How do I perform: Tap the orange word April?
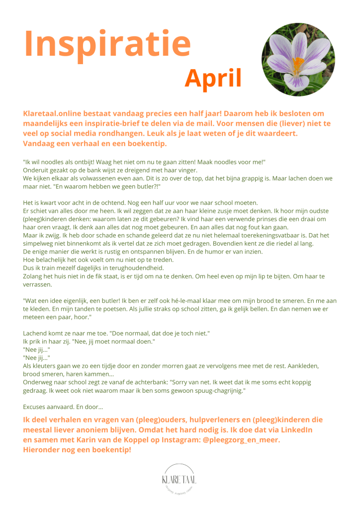coord(213,79)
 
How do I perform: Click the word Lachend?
coord(36,333)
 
